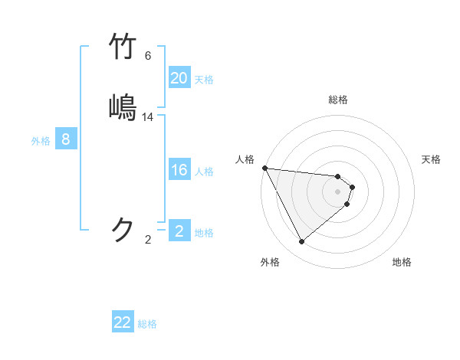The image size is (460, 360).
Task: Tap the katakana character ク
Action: pos(124,230)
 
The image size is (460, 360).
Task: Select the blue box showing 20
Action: pos(179,78)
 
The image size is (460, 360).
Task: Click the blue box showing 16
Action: pos(179,170)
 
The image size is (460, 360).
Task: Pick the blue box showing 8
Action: pos(66,139)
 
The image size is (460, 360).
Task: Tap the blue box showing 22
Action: pos(123,322)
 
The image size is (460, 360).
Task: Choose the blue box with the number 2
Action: pos(179,231)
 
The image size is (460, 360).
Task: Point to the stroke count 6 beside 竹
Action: pos(148,56)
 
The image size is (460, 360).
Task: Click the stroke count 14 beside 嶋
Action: pos(148,117)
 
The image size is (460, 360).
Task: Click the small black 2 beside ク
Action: pos(148,240)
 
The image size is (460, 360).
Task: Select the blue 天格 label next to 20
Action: pos(204,79)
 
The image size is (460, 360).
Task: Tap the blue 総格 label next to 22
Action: pos(147,324)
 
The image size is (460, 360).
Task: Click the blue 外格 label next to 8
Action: pos(41,141)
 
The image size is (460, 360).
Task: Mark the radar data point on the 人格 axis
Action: pos(264,168)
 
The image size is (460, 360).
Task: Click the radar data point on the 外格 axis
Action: pos(301,241)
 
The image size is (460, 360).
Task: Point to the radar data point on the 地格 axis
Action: pos(347,204)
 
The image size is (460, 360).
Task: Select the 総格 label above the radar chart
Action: pos(338,100)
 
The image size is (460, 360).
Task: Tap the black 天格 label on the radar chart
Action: pos(431,159)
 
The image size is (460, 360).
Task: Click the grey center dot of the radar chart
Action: pos(338,191)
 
